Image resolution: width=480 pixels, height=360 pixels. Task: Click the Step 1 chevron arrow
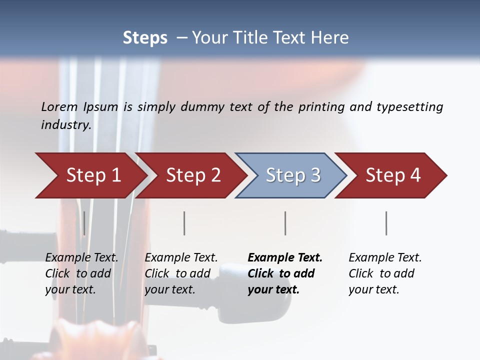click(x=93, y=175)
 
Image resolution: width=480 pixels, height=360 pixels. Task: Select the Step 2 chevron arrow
click(x=193, y=175)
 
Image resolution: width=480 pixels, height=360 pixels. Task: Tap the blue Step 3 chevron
click(x=292, y=175)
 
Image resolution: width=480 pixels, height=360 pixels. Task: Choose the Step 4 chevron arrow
click(x=393, y=175)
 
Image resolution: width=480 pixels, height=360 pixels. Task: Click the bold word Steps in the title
click(x=145, y=38)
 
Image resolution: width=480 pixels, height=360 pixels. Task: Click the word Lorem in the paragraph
click(x=59, y=106)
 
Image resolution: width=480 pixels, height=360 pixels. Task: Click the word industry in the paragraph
click(x=65, y=125)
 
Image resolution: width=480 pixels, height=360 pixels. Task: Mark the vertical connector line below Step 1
click(x=84, y=223)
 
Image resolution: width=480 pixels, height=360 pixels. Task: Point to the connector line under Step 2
click(x=184, y=223)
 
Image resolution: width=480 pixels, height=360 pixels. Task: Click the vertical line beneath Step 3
click(x=285, y=223)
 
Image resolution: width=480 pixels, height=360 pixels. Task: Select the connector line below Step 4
click(x=386, y=223)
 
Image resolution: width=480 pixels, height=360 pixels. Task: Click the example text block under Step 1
click(x=81, y=273)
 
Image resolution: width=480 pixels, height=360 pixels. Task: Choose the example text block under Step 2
click(x=181, y=273)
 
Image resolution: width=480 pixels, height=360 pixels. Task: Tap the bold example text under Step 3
click(x=285, y=273)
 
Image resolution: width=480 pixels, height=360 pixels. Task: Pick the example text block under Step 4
click(x=385, y=273)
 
